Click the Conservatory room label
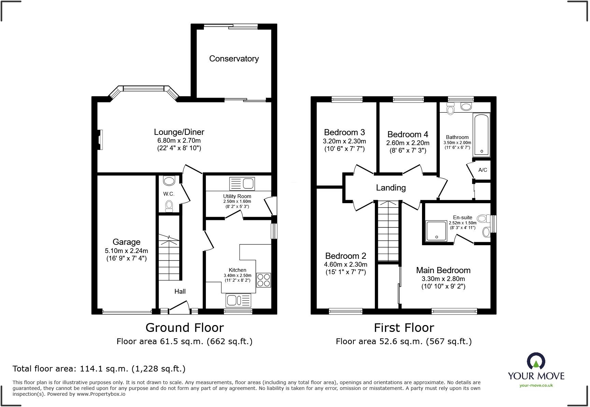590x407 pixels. click(234, 59)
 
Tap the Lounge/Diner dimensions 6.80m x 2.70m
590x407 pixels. click(179, 140)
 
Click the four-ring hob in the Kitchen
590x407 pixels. click(263, 280)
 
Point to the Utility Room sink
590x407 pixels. click(242, 184)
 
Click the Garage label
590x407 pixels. click(126, 242)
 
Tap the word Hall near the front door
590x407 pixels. click(180, 291)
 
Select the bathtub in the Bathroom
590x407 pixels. click(481, 135)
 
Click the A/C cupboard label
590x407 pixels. click(482, 170)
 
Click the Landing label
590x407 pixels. click(391, 188)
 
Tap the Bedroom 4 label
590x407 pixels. click(408, 135)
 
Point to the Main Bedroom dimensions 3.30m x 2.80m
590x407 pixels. click(443, 279)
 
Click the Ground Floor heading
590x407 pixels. click(185, 328)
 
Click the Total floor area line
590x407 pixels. click(99, 369)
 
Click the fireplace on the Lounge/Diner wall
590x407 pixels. click(100, 139)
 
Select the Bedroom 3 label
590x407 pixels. click(344, 132)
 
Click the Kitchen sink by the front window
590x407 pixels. click(238, 300)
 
